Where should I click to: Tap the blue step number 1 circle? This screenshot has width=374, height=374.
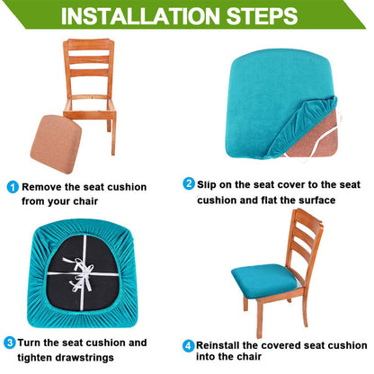13,187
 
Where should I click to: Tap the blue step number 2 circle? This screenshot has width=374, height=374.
190,183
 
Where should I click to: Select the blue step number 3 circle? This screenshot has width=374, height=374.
10,343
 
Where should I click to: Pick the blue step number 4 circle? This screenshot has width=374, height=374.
190,345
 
